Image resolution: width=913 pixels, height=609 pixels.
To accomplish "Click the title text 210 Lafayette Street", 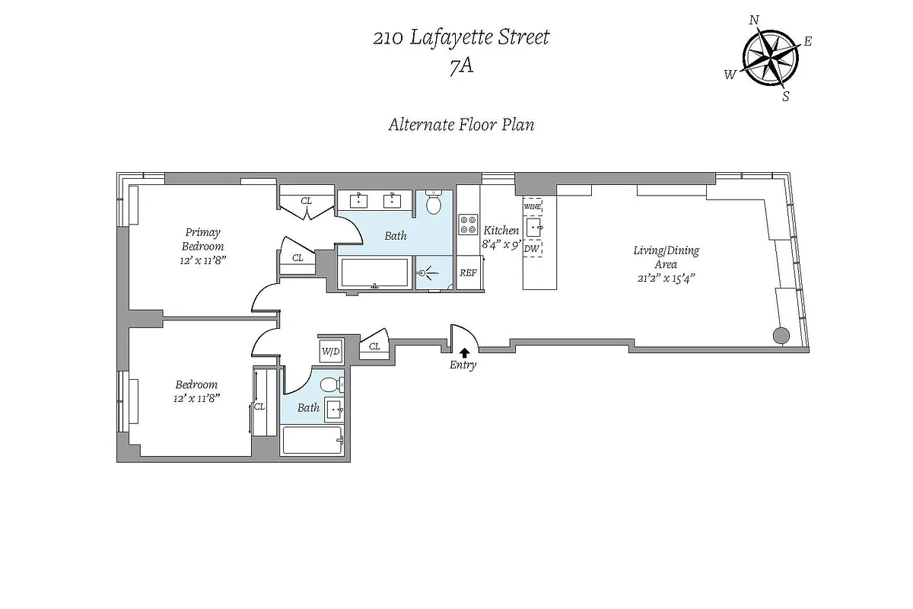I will (x=460, y=37).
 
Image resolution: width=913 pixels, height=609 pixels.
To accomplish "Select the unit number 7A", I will (x=461, y=66).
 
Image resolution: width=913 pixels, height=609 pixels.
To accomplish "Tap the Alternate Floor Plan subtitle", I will (x=461, y=124).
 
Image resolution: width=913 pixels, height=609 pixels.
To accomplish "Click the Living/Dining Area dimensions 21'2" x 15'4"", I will (x=666, y=278).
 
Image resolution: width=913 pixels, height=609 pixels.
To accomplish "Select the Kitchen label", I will (x=501, y=231).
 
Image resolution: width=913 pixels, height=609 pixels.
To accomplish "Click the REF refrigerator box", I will (x=468, y=273).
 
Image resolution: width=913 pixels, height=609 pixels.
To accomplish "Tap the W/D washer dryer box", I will (x=330, y=351).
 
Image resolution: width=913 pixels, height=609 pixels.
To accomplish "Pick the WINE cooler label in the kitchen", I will (x=533, y=206).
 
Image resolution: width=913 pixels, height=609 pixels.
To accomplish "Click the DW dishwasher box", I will (x=532, y=248).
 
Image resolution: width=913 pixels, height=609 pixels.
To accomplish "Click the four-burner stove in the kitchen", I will (x=466, y=225).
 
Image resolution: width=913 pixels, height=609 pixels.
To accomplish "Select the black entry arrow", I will (x=463, y=351).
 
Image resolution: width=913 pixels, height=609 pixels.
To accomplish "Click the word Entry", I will (x=463, y=365).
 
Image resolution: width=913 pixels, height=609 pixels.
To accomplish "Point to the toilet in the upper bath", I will (x=434, y=204).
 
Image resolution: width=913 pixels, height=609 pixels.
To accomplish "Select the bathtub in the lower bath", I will (x=313, y=441).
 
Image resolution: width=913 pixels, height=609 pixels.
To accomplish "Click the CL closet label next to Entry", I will (x=374, y=346).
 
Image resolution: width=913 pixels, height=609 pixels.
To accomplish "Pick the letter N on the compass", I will (x=753, y=21).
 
